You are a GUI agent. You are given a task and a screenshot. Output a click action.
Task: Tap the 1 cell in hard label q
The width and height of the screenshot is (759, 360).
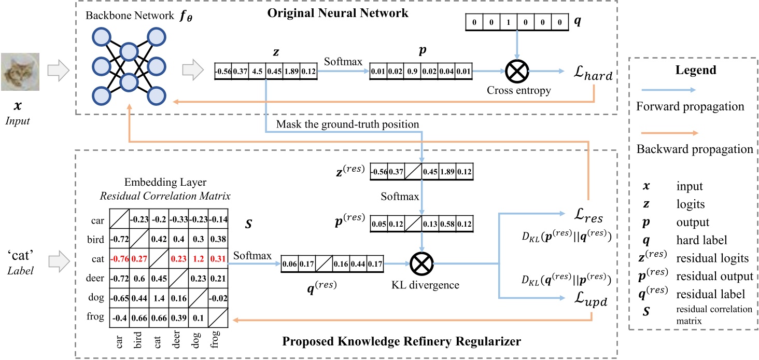click(x=516, y=23)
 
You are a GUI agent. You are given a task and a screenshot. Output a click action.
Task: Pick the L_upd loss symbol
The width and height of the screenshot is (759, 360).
click(x=580, y=299)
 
